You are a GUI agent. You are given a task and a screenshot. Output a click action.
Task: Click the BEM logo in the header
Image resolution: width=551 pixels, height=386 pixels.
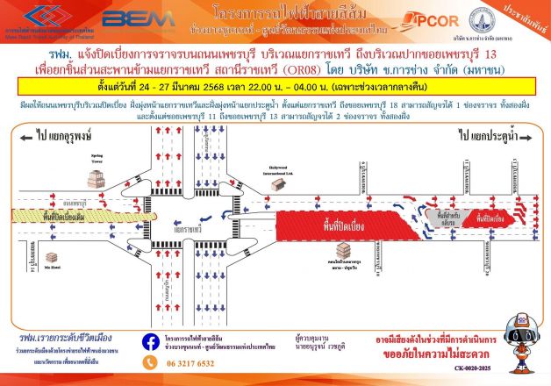point(125,17)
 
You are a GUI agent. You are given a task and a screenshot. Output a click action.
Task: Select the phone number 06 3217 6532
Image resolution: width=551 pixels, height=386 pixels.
point(183,362)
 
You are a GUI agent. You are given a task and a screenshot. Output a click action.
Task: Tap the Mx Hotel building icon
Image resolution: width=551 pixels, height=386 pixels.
point(53,259)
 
